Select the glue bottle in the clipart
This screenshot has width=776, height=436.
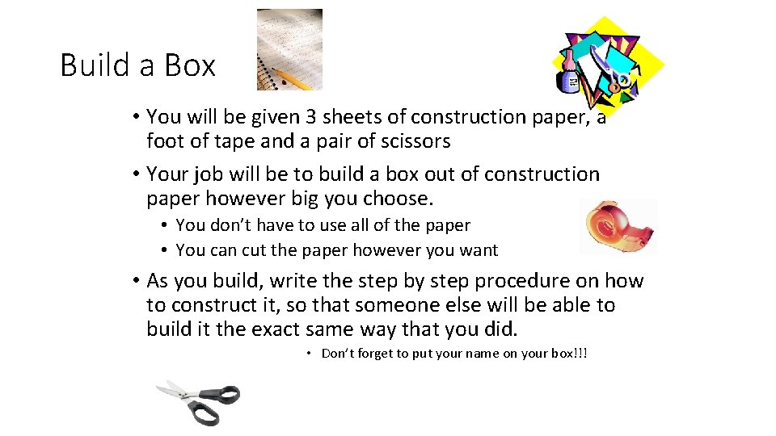[x=568, y=73]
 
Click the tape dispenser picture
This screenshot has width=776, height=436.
[x=620, y=226]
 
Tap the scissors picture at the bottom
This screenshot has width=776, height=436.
[x=199, y=401]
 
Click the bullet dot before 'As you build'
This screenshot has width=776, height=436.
[x=135, y=281]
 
